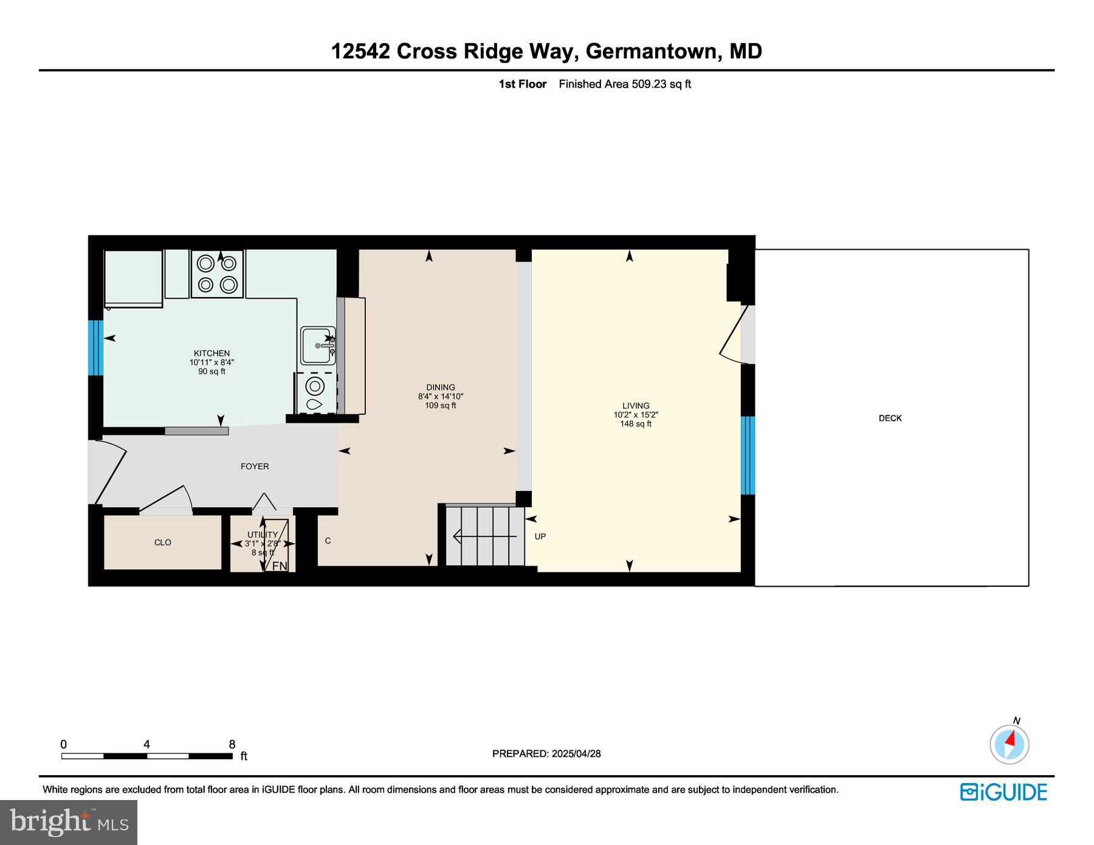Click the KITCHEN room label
(212, 353)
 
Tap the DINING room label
(440, 387)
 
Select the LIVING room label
(635, 405)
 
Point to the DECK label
(890, 418)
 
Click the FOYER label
(255, 467)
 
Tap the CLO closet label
(162, 542)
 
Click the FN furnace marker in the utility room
(279, 566)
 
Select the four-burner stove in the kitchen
(217, 274)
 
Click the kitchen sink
(317, 345)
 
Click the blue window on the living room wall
(748, 456)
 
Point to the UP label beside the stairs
(540, 536)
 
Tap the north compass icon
(1010, 744)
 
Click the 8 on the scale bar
(232, 744)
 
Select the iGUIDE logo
(1003, 792)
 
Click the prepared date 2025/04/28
(576, 754)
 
